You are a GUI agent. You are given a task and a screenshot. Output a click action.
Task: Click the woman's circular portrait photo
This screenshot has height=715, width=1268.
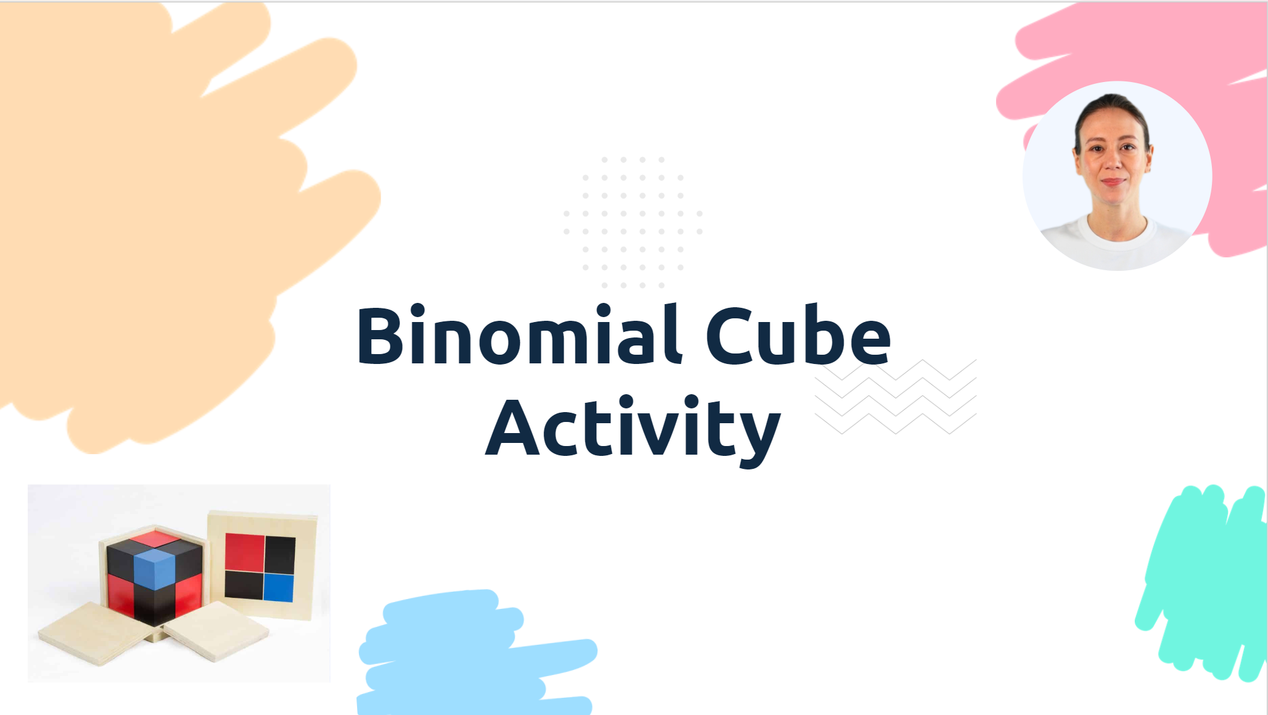(x=1117, y=176)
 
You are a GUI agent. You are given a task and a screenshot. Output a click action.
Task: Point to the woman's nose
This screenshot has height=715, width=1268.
(x=1113, y=162)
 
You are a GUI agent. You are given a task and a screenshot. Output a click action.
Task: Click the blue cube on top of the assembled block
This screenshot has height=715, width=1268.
(x=154, y=567)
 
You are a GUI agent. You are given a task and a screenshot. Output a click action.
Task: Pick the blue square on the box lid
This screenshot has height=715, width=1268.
(x=279, y=587)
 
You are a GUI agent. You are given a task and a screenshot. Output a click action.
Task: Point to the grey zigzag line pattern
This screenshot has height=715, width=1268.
(x=895, y=397)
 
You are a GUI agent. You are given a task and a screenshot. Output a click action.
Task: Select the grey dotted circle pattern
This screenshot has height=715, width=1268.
(x=633, y=222)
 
